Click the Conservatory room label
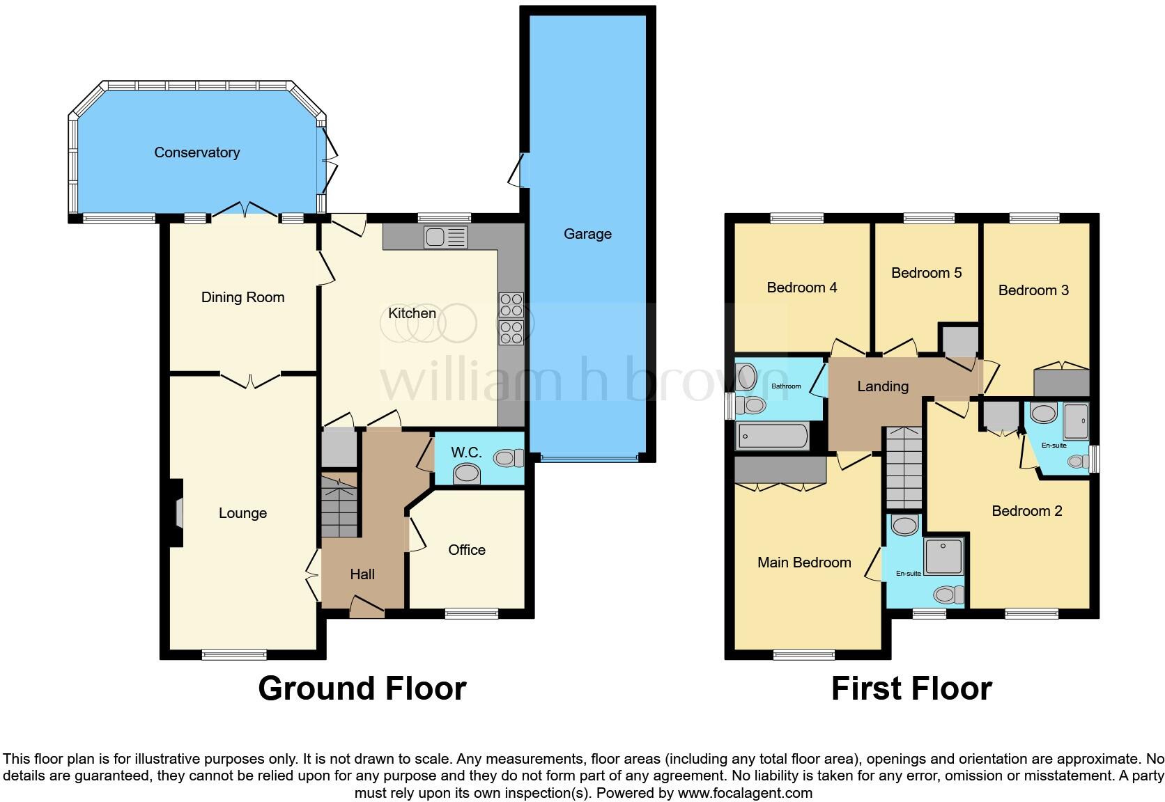[x=196, y=152]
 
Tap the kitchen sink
[x=445, y=238]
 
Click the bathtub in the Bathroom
[x=772, y=437]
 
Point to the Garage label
[x=587, y=234]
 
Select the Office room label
[x=466, y=550]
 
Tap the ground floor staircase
[x=339, y=505]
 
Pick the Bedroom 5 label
[x=926, y=273]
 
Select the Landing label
[x=882, y=386]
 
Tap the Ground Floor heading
[x=362, y=689]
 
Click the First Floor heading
[x=911, y=689]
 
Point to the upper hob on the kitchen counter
[x=511, y=304]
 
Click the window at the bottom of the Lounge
[x=234, y=654]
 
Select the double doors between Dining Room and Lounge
[x=251, y=379]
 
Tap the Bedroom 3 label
[x=1033, y=290]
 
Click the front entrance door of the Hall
[x=367, y=608]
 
